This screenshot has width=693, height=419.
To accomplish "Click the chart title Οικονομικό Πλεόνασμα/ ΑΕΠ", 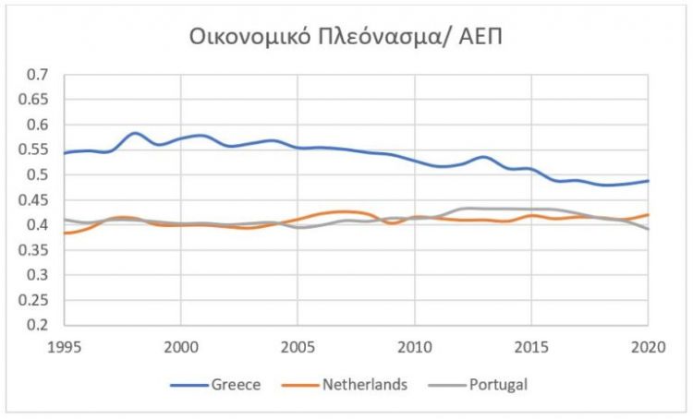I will coord(346,38).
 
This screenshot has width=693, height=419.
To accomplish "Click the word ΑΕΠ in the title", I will coord(480,38).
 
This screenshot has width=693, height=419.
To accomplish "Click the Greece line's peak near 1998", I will coord(135,133).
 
